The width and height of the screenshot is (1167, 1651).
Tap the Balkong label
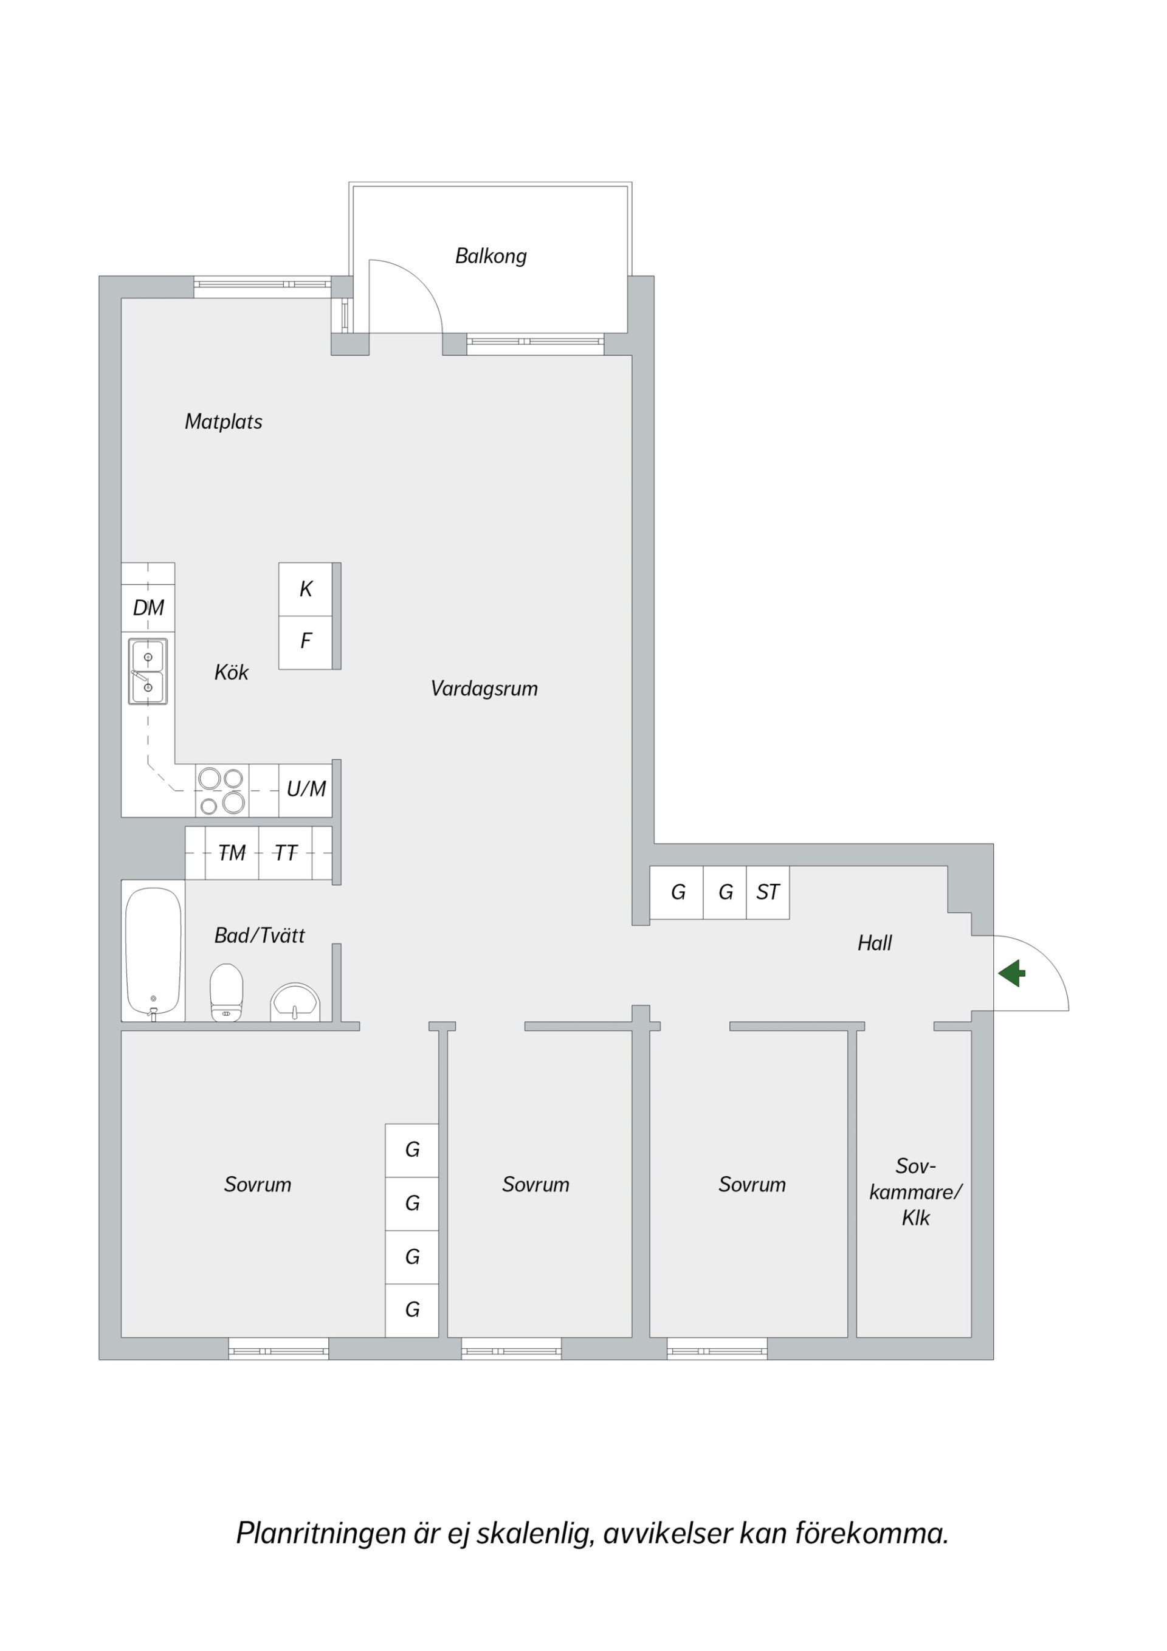point(491,256)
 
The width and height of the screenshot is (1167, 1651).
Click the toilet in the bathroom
point(227,992)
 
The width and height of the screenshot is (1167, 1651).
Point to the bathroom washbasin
point(295,1002)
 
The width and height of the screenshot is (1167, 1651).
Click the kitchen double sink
point(148,671)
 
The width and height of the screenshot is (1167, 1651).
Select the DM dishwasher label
point(149,608)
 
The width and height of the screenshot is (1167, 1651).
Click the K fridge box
point(306,589)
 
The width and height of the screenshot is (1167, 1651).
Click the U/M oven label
point(306,790)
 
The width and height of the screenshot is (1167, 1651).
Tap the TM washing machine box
point(232,853)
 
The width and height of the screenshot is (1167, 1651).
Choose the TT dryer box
point(286,853)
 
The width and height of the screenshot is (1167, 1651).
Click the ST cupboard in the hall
point(768,892)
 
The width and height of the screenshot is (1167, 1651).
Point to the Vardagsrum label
point(484,689)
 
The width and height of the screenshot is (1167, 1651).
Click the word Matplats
point(224,421)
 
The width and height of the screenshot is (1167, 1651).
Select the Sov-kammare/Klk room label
point(915,1191)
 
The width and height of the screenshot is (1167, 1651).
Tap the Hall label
point(875,943)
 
